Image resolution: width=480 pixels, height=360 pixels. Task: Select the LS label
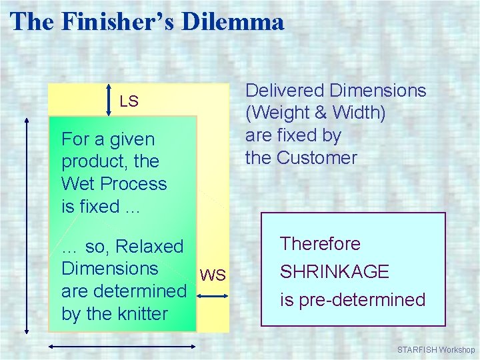point(129,101)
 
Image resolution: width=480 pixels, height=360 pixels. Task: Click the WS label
point(213,275)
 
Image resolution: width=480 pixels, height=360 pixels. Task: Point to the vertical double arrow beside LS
point(110,101)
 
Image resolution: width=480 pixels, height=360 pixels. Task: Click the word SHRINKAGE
point(334,272)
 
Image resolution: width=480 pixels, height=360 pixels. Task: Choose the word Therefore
point(320,244)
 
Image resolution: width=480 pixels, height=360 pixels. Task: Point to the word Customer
point(317,158)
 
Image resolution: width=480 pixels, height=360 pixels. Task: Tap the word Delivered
point(285,91)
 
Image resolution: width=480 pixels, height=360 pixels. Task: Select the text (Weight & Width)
point(315,113)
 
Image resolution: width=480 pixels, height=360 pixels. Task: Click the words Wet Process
point(114,184)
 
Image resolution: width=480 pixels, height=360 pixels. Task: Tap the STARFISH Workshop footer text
point(435,350)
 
